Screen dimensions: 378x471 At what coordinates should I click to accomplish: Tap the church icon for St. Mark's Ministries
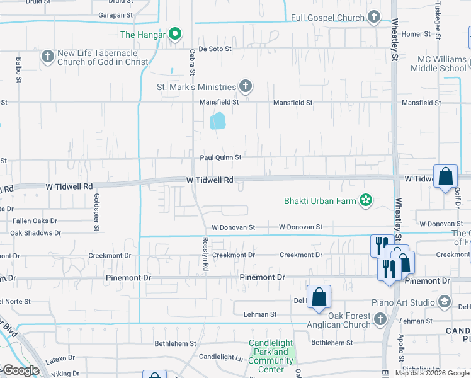tap(246, 86)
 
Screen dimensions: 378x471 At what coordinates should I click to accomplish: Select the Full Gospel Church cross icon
tap(374, 18)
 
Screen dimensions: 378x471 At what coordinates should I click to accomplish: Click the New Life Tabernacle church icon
tap(47, 57)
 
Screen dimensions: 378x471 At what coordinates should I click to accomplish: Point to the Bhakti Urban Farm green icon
tap(365, 201)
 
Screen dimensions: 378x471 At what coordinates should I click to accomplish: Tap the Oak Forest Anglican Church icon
tap(380, 319)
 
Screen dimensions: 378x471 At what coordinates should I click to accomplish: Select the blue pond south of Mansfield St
tap(217, 120)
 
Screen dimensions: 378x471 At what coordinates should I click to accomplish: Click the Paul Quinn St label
tap(220, 157)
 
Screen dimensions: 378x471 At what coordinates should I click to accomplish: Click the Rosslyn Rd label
tap(205, 254)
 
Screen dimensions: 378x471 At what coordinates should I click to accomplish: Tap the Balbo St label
tap(19, 70)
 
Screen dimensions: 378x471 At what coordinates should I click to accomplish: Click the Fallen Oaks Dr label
tap(35, 221)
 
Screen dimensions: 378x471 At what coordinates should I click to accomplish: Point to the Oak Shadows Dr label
tap(35, 233)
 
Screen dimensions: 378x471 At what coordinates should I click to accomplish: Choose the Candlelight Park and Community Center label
tap(271, 357)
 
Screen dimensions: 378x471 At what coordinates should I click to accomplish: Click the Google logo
tap(20, 370)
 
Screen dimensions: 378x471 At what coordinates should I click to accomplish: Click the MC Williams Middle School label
tap(442, 64)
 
